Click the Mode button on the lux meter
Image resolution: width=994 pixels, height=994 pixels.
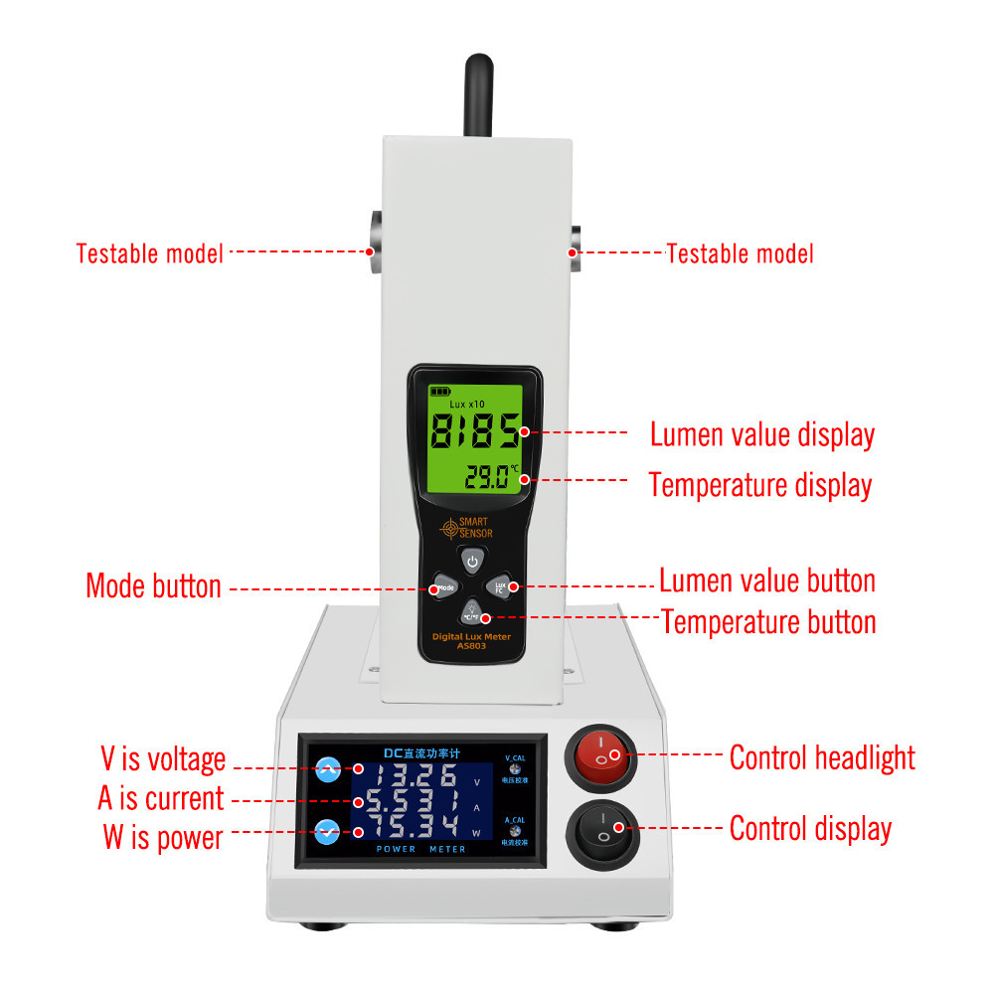click(x=444, y=587)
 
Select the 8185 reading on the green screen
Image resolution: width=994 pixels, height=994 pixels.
click(x=474, y=433)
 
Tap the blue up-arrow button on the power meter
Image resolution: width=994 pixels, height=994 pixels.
click(x=327, y=768)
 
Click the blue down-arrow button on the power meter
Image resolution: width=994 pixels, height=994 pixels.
click(x=327, y=832)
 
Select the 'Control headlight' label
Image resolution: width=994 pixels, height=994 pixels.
click(x=822, y=757)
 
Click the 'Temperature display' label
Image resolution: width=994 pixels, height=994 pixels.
click(x=760, y=485)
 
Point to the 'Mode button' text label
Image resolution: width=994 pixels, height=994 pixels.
click(x=153, y=585)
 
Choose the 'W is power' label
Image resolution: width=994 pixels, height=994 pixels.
click(x=162, y=837)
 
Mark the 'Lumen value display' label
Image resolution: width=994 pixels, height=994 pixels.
click(x=762, y=434)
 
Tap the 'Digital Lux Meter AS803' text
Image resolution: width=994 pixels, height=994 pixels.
click(x=471, y=640)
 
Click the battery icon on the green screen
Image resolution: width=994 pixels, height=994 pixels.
click(x=438, y=392)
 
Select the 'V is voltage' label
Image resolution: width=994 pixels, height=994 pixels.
click(x=163, y=759)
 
